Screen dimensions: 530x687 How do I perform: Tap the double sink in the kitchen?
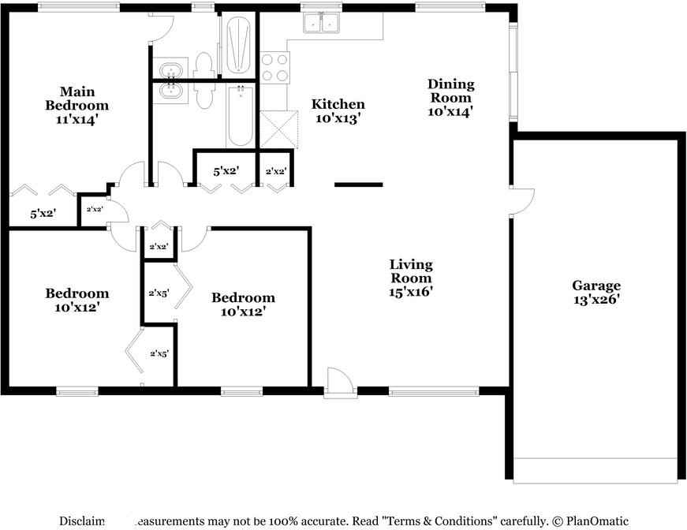point(322,25)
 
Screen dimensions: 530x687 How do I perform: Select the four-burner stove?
point(275,67)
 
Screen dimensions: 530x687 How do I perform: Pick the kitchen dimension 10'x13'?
point(338,118)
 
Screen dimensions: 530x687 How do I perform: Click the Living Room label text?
point(411,271)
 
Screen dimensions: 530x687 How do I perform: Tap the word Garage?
point(596,286)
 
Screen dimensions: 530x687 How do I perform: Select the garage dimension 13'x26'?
point(596,300)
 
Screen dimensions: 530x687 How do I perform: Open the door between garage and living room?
point(522,201)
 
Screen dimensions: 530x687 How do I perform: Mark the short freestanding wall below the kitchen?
point(358,185)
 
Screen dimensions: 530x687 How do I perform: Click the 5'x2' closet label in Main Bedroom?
point(43,213)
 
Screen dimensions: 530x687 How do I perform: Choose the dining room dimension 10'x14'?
point(450,111)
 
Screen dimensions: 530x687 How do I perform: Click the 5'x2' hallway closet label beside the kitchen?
point(226,170)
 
